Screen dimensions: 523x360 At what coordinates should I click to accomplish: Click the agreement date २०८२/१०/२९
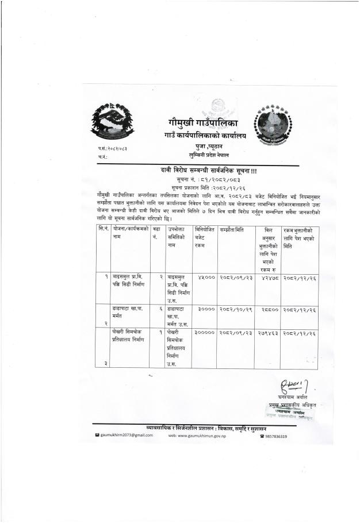235,309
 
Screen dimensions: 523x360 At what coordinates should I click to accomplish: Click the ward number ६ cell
154,309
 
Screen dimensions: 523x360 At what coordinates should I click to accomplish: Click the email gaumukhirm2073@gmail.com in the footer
127,436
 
